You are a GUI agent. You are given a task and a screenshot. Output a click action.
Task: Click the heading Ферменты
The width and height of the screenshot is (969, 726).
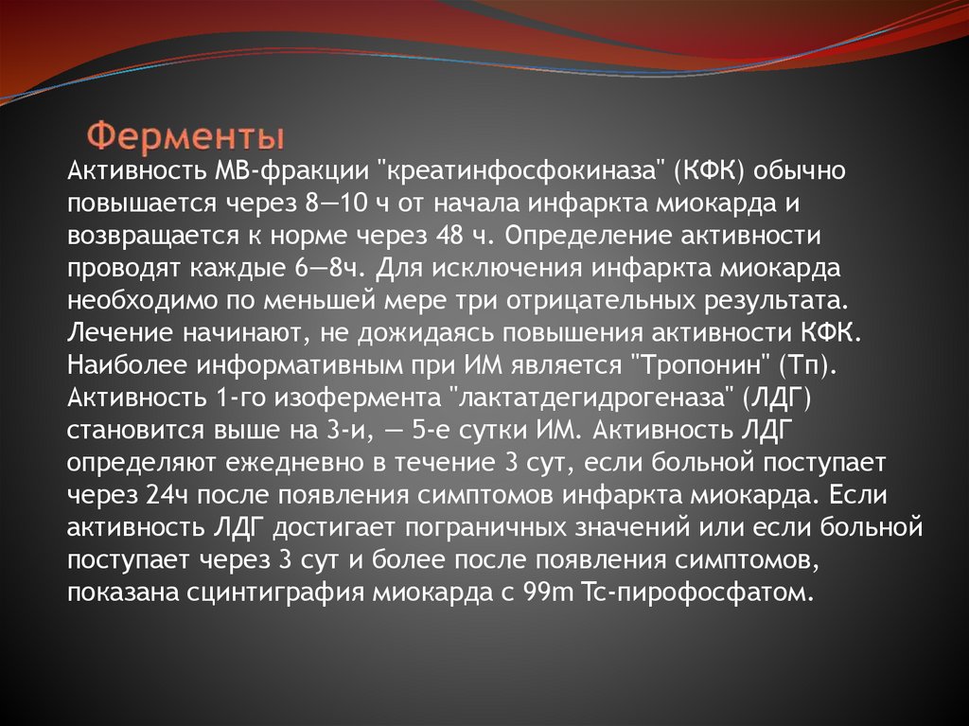(186, 134)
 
